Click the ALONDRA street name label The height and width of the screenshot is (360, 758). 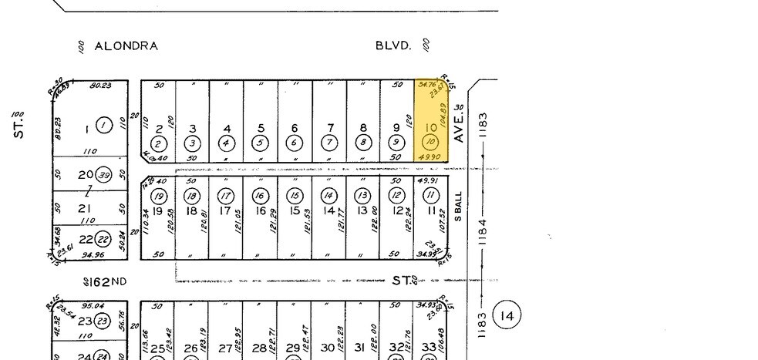(x=126, y=46)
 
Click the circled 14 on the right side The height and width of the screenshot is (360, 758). (x=507, y=315)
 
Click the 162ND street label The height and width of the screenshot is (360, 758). (x=107, y=281)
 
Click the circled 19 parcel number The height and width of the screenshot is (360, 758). (x=158, y=195)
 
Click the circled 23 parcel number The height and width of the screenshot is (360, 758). (x=103, y=322)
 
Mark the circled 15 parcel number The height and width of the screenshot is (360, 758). (x=295, y=195)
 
